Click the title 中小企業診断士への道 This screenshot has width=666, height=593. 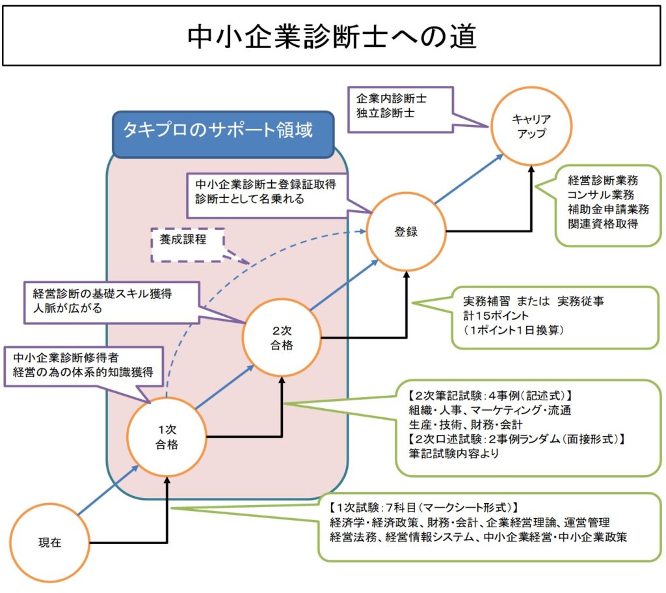332,37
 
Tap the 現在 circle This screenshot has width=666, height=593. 49,542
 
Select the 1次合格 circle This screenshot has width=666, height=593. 167,437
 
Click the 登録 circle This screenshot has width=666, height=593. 406,231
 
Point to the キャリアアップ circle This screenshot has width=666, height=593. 531,126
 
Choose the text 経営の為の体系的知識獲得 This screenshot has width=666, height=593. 83,373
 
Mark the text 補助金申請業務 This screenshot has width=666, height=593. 608,209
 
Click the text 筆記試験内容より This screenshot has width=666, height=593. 453,454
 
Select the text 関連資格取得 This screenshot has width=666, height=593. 602,224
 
